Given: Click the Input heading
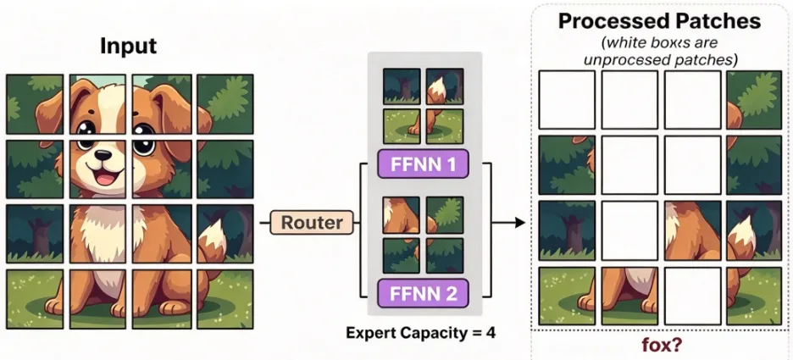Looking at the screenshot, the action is pos(129,46).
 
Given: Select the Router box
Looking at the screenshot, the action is pos(312,223).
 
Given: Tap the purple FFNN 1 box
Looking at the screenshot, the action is pos(423,164).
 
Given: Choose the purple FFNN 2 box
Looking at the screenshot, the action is pos(423,293).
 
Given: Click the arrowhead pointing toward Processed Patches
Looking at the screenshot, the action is pos(520,222).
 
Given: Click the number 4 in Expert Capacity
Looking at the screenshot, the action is pos(490,333).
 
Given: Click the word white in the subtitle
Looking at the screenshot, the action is pos(623,42).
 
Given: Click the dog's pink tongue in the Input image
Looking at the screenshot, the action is pos(105,178).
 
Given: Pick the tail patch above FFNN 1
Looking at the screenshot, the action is pos(445,86).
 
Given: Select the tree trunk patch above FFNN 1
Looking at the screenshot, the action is pos(402,86).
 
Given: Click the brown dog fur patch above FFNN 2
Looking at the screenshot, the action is pos(402,215).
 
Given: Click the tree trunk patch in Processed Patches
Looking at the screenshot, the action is pos(567,230).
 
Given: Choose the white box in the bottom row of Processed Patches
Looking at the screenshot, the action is pos(692,296).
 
